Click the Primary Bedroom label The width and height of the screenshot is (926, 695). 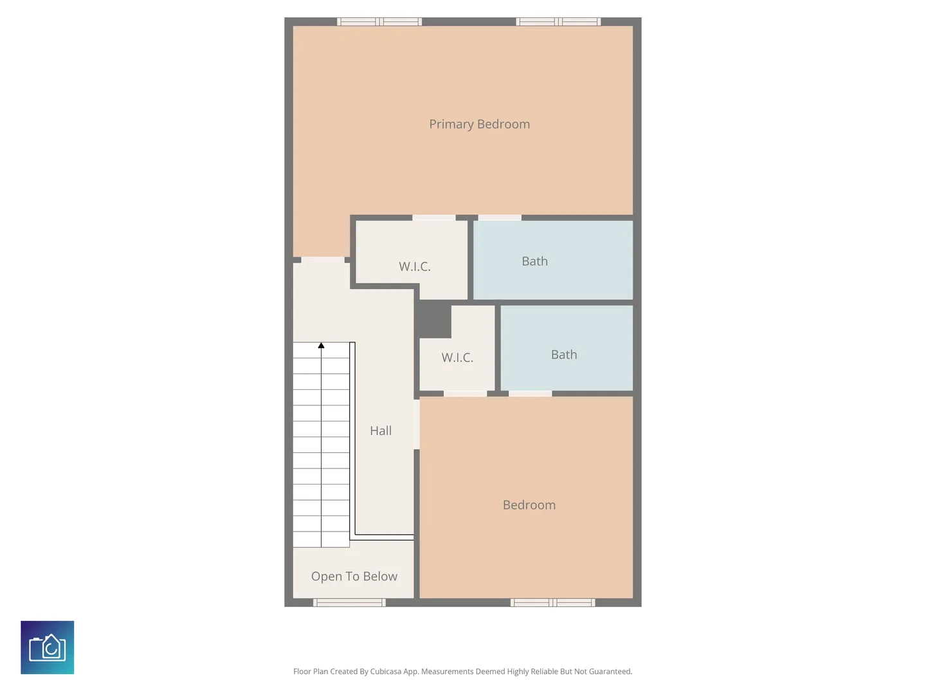point(479,124)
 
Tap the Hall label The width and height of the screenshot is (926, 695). point(381,431)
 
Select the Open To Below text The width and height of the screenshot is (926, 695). point(354,576)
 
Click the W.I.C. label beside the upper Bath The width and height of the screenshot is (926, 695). point(415,266)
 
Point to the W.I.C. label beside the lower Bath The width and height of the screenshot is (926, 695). point(457,357)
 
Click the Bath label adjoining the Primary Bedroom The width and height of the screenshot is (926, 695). point(534,261)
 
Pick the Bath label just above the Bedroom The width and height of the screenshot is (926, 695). point(564,355)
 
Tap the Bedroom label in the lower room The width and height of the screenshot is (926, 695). point(529,505)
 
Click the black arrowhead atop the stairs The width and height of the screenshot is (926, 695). point(321,345)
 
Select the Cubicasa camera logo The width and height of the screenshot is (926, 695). point(47,647)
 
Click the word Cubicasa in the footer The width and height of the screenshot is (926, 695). point(386,671)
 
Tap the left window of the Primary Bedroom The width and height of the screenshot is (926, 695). point(379,21)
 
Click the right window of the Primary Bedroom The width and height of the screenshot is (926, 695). point(558,21)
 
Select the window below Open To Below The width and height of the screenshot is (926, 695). point(349,602)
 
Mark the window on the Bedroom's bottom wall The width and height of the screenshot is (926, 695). point(552,602)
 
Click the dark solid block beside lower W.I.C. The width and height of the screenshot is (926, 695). point(433,320)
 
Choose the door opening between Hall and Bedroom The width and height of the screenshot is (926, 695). point(417,424)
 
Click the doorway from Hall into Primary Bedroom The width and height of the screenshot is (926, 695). point(323,260)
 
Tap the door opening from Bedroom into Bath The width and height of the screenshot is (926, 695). point(531,393)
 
